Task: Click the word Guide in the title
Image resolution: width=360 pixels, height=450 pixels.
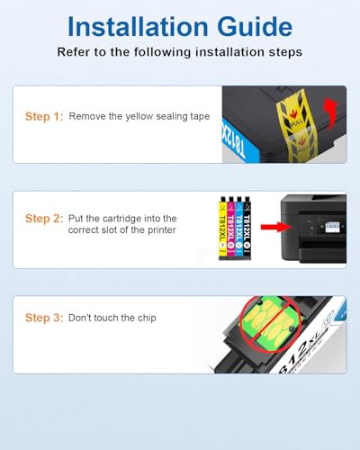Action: [x=255, y=27]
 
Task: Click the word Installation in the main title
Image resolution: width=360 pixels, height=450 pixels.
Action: [x=138, y=26]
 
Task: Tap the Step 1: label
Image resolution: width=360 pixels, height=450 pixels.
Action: [x=44, y=116]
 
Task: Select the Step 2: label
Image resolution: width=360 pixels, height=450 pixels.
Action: [x=44, y=219]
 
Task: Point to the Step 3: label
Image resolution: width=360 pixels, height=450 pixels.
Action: [x=44, y=318]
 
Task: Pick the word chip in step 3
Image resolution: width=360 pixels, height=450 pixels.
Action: [x=147, y=318]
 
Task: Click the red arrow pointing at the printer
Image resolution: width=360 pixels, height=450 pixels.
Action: [x=275, y=227]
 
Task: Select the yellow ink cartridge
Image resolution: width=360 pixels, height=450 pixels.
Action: [x=222, y=229]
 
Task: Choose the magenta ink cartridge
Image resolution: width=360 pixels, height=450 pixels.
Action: [x=230, y=229]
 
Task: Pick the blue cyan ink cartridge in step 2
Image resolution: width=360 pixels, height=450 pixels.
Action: [x=238, y=229]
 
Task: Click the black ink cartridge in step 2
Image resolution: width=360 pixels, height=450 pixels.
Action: [x=247, y=229]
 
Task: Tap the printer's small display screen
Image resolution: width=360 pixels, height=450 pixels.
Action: [x=332, y=226]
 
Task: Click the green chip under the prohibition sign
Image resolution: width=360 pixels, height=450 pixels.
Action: [x=269, y=324]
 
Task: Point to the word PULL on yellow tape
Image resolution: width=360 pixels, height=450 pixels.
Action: [x=296, y=122]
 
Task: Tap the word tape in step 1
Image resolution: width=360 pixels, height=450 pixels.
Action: [x=200, y=117]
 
